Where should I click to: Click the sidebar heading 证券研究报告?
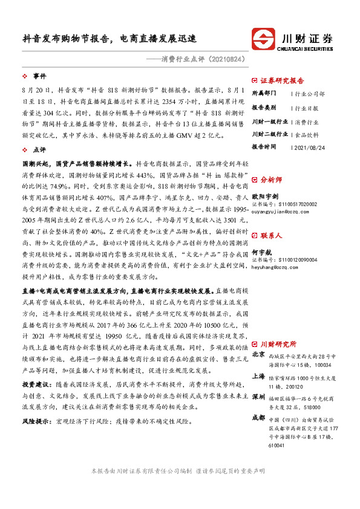point(282,80)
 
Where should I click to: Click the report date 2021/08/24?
point(309,147)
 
